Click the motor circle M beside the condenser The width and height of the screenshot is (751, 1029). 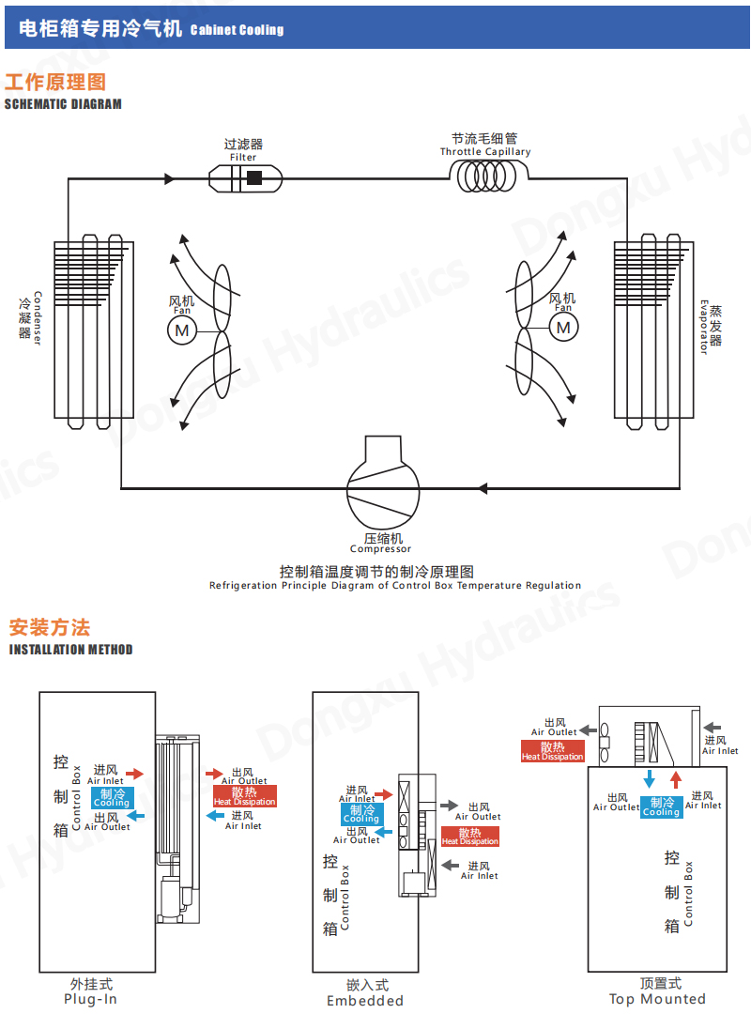[x=181, y=330]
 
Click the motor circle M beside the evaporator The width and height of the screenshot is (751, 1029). [x=563, y=327]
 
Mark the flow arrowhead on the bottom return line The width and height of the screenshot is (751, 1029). [x=483, y=488]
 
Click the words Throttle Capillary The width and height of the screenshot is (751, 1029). [x=485, y=152]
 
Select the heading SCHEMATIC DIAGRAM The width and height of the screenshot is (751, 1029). [x=63, y=104]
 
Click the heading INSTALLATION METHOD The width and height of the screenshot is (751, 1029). [x=70, y=650]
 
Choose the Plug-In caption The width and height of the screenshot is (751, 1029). [x=90, y=999]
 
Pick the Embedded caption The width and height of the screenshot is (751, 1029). [x=365, y=1001]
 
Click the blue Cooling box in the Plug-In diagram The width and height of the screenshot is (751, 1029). [x=112, y=798]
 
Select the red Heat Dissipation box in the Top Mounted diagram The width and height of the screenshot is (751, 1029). [x=553, y=751]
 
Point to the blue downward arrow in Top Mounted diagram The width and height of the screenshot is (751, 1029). [x=649, y=780]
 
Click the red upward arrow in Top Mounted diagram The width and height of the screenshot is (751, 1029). [x=675, y=780]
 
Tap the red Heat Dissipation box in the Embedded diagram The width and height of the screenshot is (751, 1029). [x=469, y=837]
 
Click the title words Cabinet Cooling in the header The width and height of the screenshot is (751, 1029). [x=237, y=30]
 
